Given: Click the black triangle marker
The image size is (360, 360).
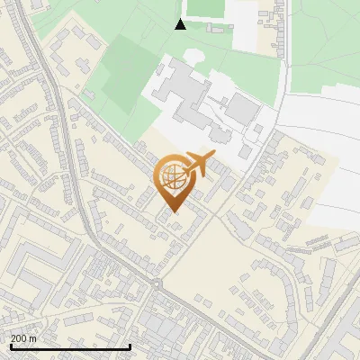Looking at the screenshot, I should point(180,24).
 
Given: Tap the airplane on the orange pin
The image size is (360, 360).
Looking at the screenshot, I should point(197,165).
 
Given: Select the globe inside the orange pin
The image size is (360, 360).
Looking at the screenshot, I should point(173,177).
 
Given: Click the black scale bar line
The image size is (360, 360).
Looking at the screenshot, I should point(70,347).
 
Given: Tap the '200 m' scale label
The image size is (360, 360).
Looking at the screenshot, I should point(23,338).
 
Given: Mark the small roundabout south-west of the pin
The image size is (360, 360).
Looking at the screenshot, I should point(157,284).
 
